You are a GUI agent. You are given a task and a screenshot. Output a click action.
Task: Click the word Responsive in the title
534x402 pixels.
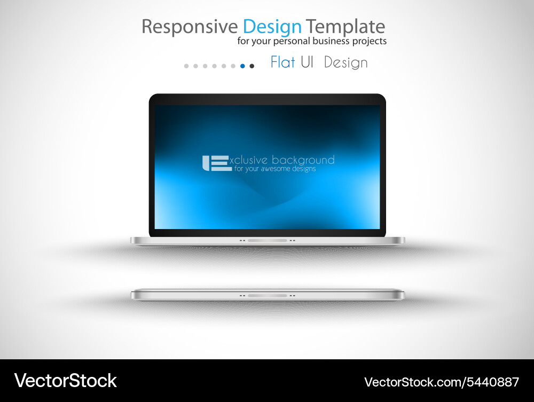tap(190, 27)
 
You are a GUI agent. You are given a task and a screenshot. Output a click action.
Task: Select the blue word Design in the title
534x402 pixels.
tap(272, 27)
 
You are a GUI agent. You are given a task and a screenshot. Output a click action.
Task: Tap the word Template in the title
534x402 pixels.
tap(345, 27)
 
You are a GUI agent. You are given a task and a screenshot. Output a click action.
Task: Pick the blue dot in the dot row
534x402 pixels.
tap(242, 66)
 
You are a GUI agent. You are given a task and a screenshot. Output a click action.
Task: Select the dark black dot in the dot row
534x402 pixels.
tap(252, 66)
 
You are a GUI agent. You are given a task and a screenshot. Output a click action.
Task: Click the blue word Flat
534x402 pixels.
tap(282, 62)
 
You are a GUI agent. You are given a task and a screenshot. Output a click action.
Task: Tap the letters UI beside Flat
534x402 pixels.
tap(307, 62)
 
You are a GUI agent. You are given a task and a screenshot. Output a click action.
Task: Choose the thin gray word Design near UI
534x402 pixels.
tap(345, 63)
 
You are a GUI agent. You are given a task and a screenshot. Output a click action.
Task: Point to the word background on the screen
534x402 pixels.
tap(303, 160)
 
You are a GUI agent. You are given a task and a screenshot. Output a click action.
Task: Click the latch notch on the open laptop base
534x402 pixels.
tap(267, 241)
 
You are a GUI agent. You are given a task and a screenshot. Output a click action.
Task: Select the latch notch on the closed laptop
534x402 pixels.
tap(267, 295)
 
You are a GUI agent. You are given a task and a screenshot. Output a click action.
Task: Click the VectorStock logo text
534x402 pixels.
tap(65, 381)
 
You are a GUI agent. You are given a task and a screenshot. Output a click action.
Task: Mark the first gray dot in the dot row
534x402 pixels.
tap(186, 66)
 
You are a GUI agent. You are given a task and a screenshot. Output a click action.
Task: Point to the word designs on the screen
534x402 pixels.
tap(303, 169)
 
